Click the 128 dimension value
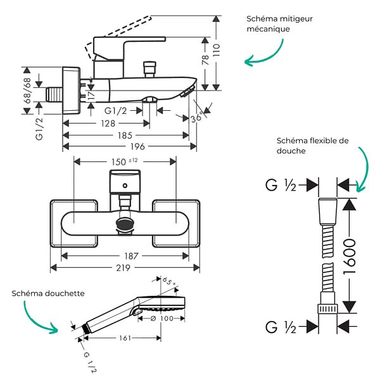click(x=108, y=123)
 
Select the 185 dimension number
click(x=125, y=136)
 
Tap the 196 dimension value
click(x=137, y=146)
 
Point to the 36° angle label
click(x=196, y=118)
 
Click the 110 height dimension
click(x=217, y=50)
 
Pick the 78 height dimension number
click(x=205, y=60)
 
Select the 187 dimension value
click(x=131, y=256)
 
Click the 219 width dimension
click(x=123, y=268)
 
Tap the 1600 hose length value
click(x=350, y=256)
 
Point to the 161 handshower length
click(x=125, y=338)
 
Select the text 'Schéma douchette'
click(x=48, y=293)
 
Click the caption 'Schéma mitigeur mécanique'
click(x=279, y=24)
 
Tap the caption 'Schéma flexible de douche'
click(x=312, y=146)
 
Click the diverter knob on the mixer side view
click(x=149, y=69)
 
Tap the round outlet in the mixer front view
click(x=125, y=222)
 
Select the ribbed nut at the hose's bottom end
click(x=327, y=309)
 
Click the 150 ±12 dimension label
click(x=125, y=161)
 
